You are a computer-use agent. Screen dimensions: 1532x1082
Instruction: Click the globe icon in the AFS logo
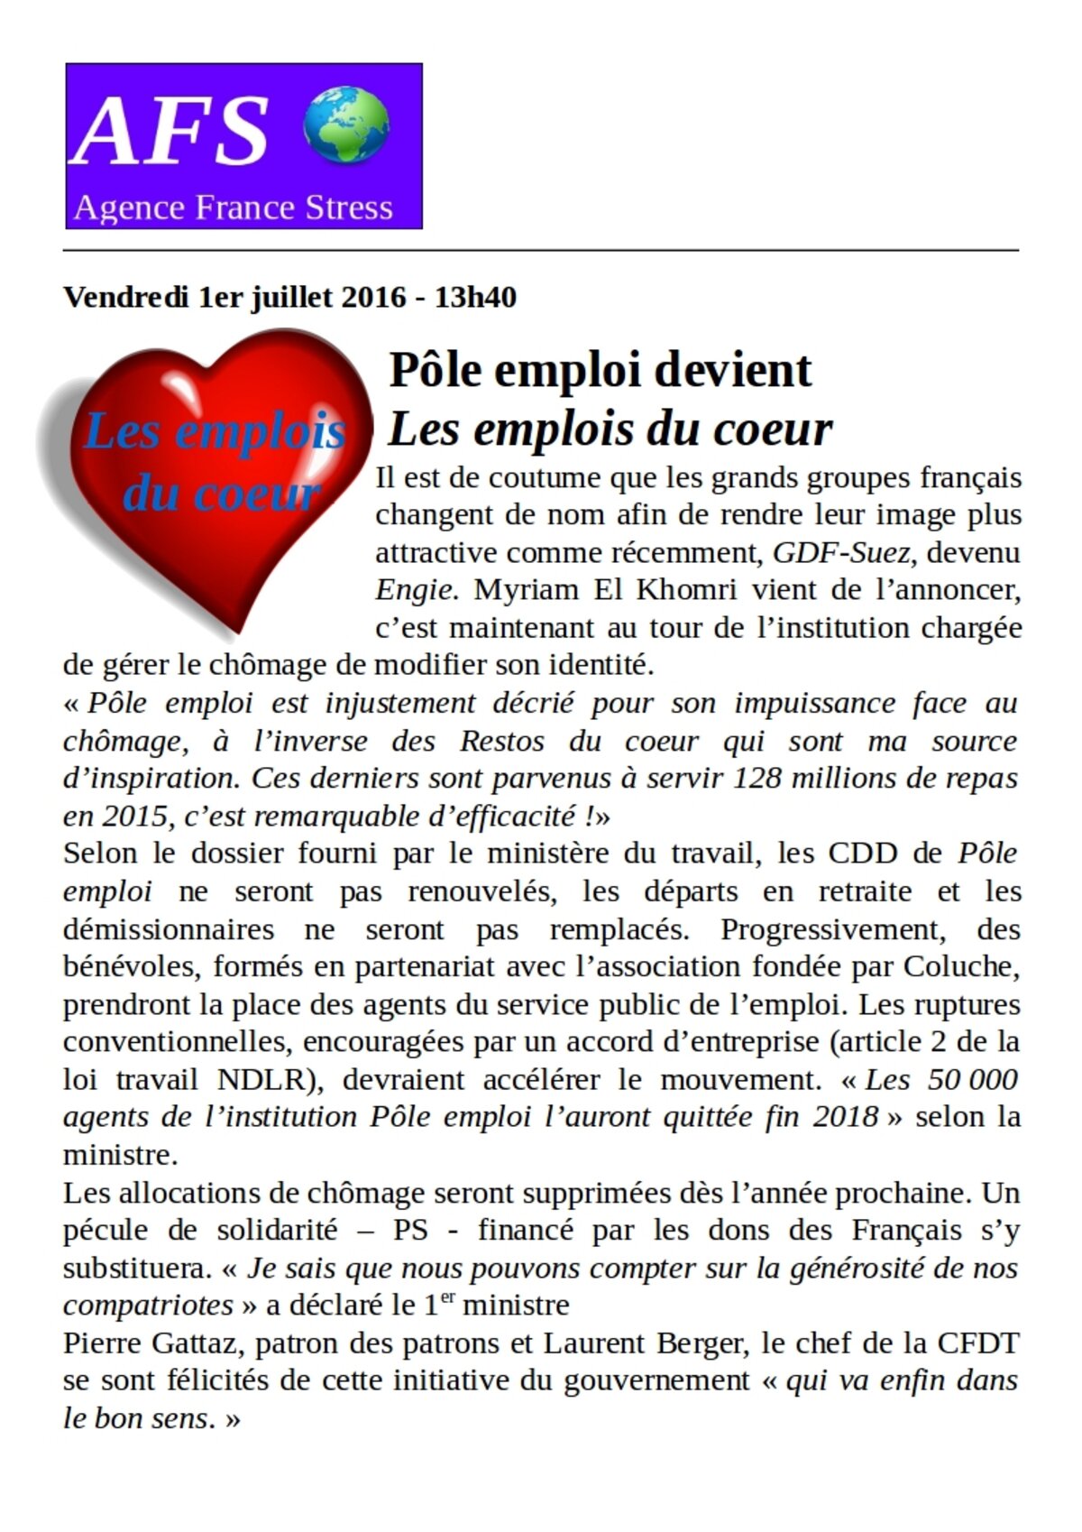click(x=346, y=125)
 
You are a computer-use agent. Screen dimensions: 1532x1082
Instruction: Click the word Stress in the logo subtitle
click(x=349, y=208)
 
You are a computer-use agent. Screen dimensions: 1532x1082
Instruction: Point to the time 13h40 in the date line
click(x=475, y=297)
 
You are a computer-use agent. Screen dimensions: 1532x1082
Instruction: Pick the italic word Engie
click(x=413, y=590)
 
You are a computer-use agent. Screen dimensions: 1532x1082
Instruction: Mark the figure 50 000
click(x=971, y=1079)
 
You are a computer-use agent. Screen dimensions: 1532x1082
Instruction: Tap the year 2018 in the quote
click(x=845, y=1117)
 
